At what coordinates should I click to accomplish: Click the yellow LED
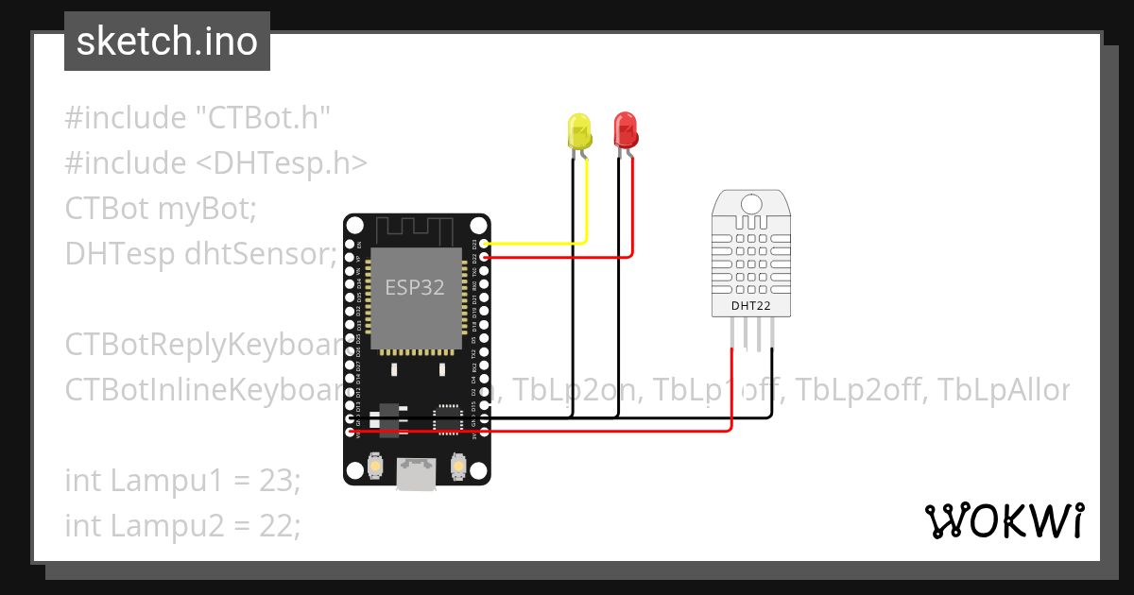point(578,130)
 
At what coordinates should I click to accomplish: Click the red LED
point(625,129)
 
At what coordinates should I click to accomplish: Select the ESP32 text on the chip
point(414,288)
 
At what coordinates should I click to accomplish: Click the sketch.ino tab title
point(167,42)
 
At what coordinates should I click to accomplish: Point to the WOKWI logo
point(1004,520)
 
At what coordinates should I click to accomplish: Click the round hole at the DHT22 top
point(752,203)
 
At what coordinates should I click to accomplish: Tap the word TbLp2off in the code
point(860,389)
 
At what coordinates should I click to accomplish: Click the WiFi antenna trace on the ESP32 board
point(417,229)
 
